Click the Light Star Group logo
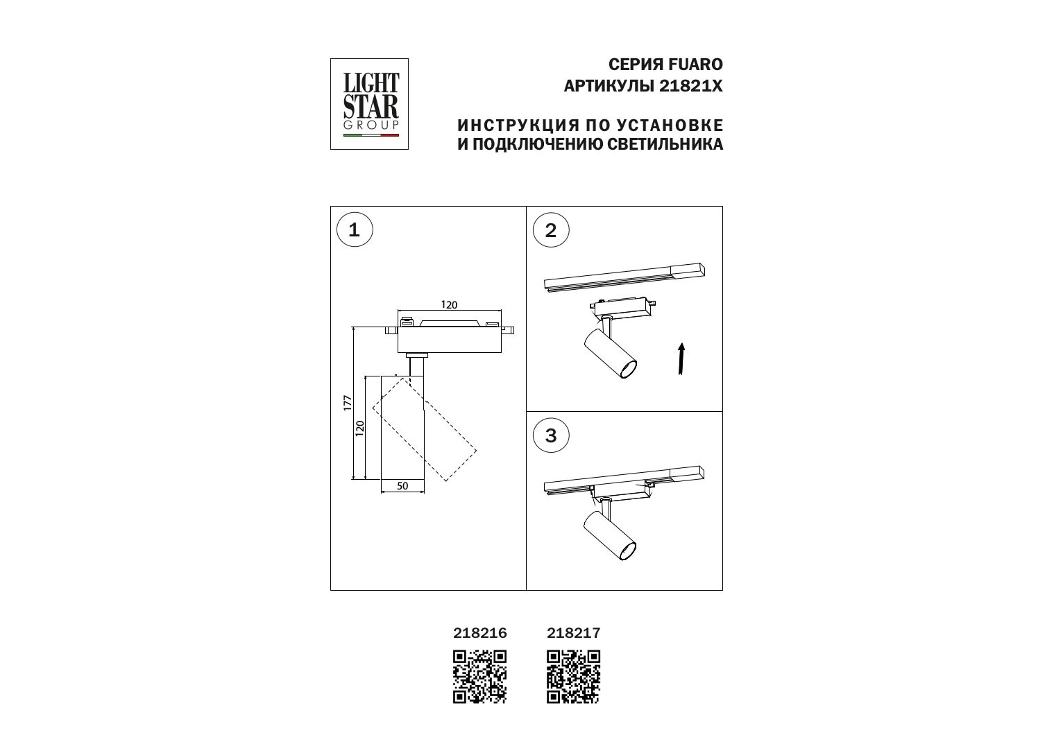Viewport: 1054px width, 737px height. (369, 104)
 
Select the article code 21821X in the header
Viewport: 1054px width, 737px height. (691, 86)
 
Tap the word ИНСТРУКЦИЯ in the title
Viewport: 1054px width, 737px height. (518, 125)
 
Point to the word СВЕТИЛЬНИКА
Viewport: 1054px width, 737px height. (665, 144)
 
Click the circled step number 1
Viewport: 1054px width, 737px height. (355, 230)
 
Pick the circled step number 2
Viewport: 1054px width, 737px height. (551, 230)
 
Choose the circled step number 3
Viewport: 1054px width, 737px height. (551, 435)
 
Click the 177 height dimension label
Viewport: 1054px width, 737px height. (348, 404)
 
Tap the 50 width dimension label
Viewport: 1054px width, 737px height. (402, 486)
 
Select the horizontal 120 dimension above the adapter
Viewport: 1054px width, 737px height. (449, 305)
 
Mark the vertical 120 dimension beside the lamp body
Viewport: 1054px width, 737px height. (360, 428)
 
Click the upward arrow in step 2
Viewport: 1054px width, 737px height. (681, 358)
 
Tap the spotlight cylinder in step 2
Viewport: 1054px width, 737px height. (611, 354)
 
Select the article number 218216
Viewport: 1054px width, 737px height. (480, 633)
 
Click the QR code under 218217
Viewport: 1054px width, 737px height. (574, 677)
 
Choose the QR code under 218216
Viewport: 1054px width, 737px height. (480, 677)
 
